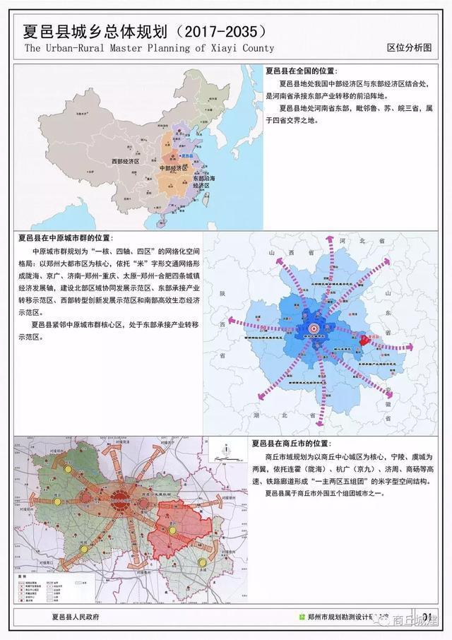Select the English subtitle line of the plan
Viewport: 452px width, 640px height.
[149, 48]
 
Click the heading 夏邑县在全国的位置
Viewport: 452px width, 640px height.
[302, 71]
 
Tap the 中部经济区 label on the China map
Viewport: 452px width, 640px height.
[174, 168]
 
